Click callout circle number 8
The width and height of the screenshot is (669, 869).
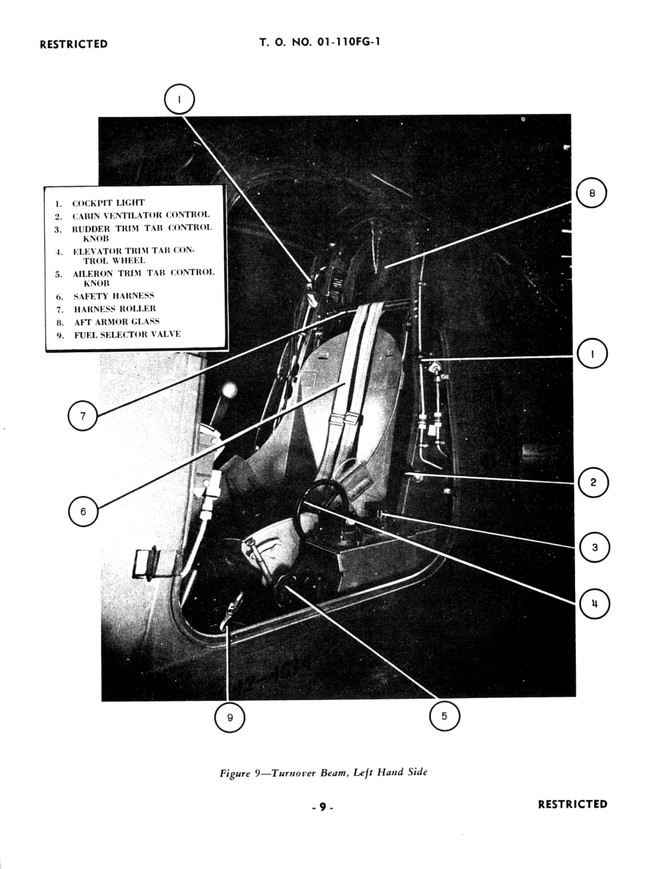(x=592, y=193)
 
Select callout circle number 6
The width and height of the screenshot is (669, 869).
(x=83, y=511)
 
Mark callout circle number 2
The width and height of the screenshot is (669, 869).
(x=593, y=483)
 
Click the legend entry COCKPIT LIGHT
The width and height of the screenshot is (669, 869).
(x=108, y=203)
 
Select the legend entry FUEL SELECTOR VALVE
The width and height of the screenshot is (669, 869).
(x=127, y=334)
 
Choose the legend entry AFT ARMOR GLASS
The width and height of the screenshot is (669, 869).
(x=117, y=321)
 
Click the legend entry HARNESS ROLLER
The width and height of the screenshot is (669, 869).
(x=115, y=308)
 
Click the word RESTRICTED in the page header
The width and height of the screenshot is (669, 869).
(x=74, y=44)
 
